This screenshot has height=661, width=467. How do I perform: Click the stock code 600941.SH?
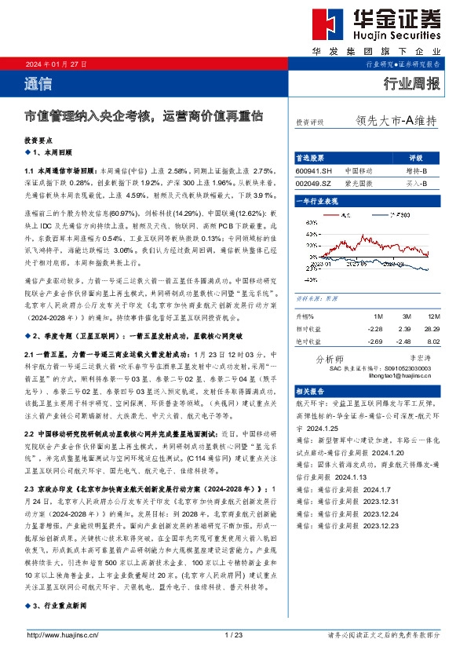tap(314, 170)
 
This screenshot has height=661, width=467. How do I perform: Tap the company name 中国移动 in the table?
tap(359, 170)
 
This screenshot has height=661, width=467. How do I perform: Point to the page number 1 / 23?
tap(233, 634)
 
